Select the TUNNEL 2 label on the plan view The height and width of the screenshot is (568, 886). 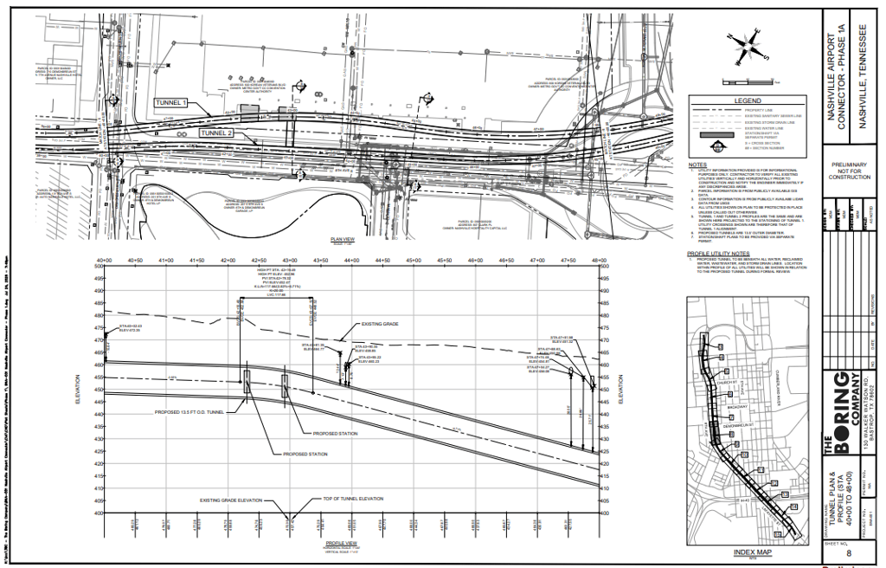point(216,132)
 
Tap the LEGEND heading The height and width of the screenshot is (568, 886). point(747,101)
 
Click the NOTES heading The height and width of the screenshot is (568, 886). point(697,165)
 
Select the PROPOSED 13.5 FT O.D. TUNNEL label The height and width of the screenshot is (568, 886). point(189,412)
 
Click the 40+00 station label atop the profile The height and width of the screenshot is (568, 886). point(105,260)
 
